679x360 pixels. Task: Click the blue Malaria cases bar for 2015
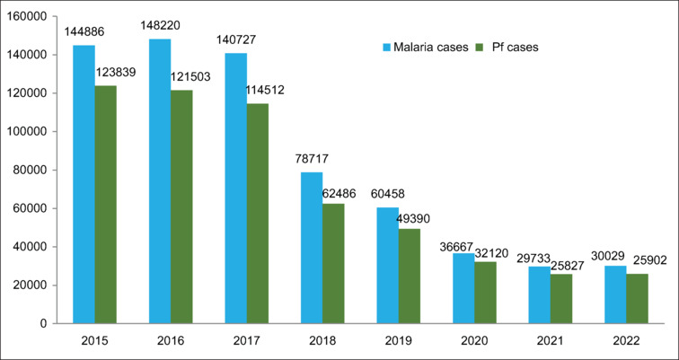84,184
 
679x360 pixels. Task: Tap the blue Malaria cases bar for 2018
312,248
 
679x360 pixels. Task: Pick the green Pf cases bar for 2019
410,276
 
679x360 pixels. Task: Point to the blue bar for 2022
615,294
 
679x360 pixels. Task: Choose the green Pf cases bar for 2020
485,293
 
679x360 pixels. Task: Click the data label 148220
160,25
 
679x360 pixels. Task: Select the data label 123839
116,72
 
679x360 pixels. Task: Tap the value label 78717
312,159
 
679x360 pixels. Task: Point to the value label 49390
413,218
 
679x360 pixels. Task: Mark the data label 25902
649,260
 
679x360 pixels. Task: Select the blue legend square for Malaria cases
387,48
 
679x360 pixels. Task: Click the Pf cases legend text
516,48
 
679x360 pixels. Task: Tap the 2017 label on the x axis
247,341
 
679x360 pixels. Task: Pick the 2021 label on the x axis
551,341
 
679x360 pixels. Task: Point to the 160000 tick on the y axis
28,16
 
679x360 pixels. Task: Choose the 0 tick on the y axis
44,324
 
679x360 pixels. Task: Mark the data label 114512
264,91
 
